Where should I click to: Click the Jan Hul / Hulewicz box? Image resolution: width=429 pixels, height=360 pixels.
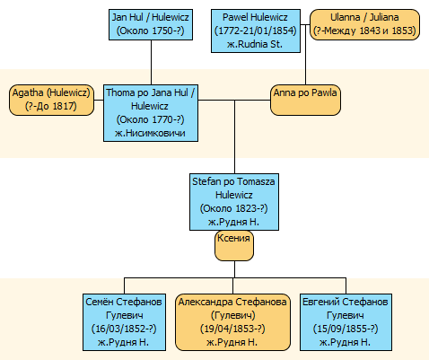pos(151,24)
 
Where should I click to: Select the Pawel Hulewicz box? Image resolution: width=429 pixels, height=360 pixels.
pos(256,31)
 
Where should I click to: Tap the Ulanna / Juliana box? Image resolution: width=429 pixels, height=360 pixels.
pos(364,24)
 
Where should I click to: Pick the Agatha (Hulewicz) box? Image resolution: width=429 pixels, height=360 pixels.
pos(51,100)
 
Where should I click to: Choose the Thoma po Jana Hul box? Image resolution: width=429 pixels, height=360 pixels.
pos(151,113)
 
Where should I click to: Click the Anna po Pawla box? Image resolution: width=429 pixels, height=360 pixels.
pos(305,100)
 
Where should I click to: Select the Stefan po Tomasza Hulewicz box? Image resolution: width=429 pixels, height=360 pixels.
pos(234,202)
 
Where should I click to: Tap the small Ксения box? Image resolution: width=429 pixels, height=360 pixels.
pos(234,246)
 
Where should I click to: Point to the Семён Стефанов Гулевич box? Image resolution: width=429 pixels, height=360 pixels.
pos(124,322)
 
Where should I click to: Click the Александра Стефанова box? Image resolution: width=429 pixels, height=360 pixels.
pos(232,322)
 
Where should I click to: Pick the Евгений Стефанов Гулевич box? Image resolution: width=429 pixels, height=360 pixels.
pos(346,322)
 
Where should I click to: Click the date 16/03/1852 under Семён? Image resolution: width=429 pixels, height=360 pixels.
pos(120,329)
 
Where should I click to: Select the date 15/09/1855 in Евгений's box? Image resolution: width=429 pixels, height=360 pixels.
pos(342,329)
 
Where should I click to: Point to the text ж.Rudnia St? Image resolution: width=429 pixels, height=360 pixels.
pos(255,44)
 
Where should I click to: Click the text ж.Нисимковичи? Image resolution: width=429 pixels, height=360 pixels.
pos(150,133)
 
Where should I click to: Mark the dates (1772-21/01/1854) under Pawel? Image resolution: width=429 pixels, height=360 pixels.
pos(256,31)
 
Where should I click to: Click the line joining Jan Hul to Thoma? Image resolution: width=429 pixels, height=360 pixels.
pos(151,62)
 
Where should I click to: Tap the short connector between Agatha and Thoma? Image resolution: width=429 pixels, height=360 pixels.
pos(99,100)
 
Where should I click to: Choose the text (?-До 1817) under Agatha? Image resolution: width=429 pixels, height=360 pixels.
pos(51,106)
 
